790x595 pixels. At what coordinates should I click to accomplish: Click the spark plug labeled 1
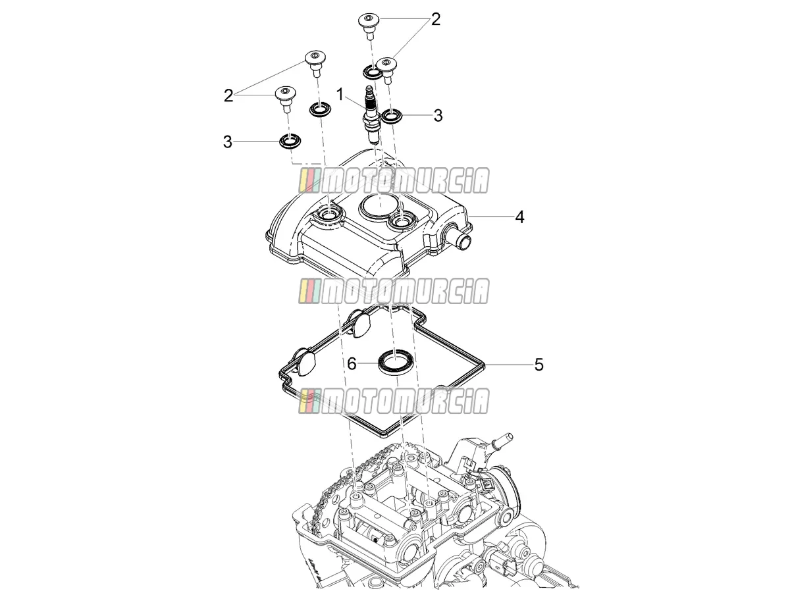tap(371, 115)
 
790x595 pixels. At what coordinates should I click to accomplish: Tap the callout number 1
tap(340, 95)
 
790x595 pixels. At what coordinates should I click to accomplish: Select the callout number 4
tap(519, 217)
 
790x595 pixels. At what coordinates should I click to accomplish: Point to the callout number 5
tap(539, 365)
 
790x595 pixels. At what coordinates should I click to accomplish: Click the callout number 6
tap(352, 364)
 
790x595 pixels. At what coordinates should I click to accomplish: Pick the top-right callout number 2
tap(436, 19)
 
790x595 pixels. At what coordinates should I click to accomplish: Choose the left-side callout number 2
tap(228, 95)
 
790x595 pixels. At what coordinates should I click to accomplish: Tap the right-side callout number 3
tap(438, 115)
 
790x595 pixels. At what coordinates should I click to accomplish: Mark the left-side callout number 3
tap(228, 142)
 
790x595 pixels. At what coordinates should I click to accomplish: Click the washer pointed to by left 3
tap(290, 141)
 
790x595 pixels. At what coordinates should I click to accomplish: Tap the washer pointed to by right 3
tap(392, 116)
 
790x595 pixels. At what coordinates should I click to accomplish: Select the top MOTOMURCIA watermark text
tap(394, 180)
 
